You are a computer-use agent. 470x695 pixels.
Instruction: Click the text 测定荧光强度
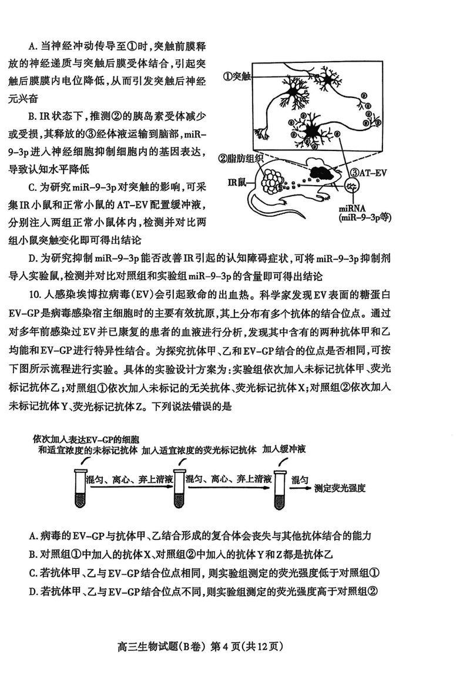(340, 488)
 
